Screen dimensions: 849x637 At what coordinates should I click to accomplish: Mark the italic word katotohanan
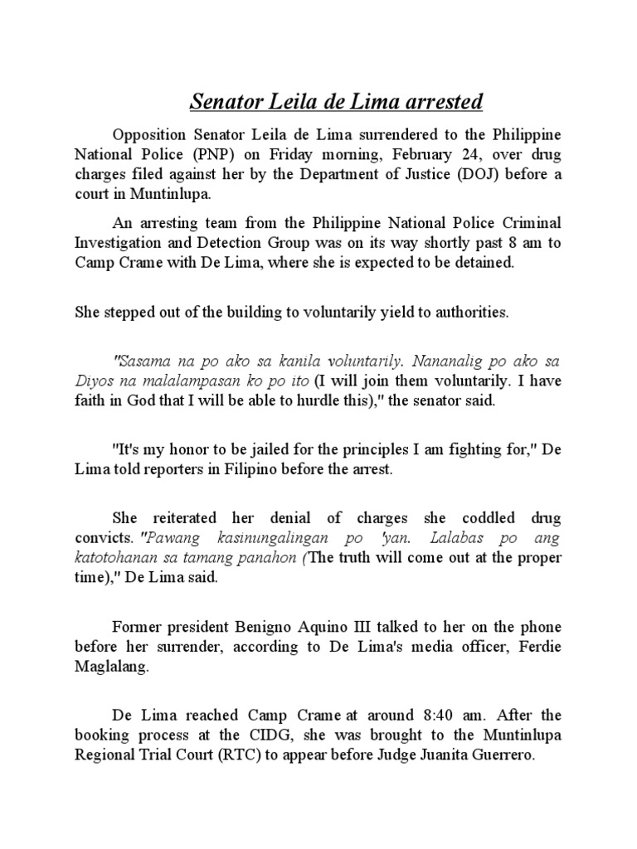pyautogui.click(x=119, y=557)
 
